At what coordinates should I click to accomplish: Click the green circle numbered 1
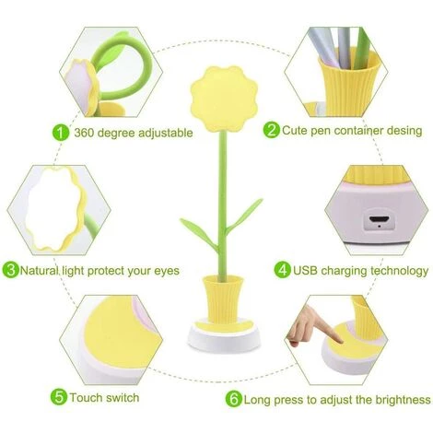pos(61,132)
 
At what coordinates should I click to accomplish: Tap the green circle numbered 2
pos(272,130)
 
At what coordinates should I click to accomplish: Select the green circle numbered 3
pos(11,270)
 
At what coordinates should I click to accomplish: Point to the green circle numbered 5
pos(59,397)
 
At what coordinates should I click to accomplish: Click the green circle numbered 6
pos(235,399)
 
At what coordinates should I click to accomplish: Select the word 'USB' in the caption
pos(308,271)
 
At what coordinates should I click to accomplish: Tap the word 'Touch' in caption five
pos(90,398)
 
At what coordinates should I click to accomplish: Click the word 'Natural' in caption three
pos(45,271)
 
